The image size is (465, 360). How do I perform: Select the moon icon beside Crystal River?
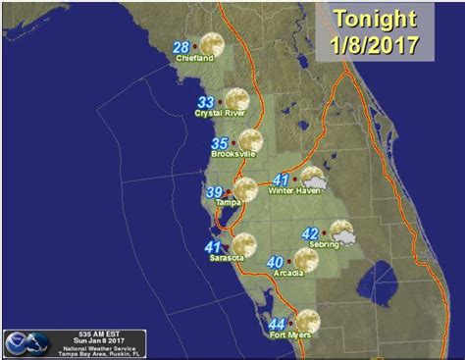[236, 99]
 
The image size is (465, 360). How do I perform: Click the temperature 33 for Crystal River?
[207, 101]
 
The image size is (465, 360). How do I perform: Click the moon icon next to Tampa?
[244, 188]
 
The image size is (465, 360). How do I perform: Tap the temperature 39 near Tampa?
[214, 190]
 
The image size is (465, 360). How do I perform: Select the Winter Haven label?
[296, 191]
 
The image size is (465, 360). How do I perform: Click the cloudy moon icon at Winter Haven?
[313, 178]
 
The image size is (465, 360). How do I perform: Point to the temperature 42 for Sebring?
[310, 232]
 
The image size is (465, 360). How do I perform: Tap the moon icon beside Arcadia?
[306, 259]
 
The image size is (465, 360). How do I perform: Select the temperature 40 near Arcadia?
[276, 262]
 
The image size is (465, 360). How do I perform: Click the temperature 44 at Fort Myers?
[277, 324]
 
